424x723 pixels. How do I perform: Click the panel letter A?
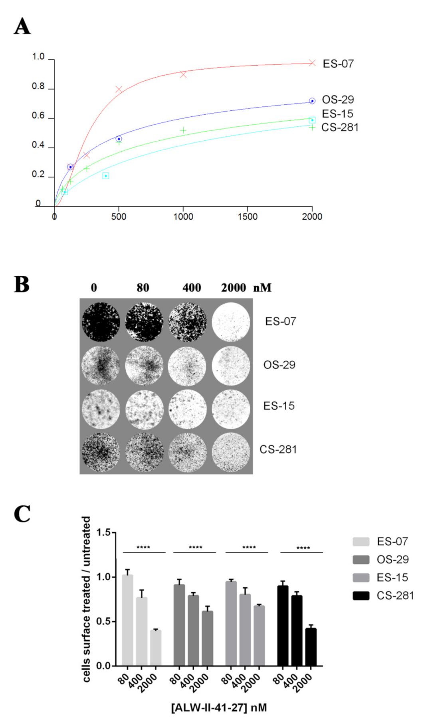[22, 27]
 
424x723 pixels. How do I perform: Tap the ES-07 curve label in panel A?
[338, 64]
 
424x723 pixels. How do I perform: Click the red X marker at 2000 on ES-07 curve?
[312, 63]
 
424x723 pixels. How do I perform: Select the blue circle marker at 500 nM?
[119, 139]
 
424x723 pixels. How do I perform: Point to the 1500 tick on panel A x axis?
[247, 216]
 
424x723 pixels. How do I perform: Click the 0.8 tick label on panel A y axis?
[38, 86]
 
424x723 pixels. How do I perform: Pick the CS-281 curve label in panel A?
[340, 128]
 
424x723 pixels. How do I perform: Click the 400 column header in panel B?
[192, 288]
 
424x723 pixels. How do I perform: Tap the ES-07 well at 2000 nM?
[231, 322]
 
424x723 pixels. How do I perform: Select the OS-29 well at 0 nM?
[101, 365]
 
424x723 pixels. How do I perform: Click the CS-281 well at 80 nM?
[144, 452]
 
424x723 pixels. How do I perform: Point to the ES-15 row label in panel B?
[279, 406]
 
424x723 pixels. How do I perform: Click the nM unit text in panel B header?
[262, 288]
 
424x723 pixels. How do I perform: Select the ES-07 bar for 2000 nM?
[156, 648]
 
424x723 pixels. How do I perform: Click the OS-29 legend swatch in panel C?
[361, 559]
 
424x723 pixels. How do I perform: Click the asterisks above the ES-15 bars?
[249, 547]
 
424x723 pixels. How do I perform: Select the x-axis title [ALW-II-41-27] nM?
[219, 707]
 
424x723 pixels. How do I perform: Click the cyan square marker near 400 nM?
[105, 176]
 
